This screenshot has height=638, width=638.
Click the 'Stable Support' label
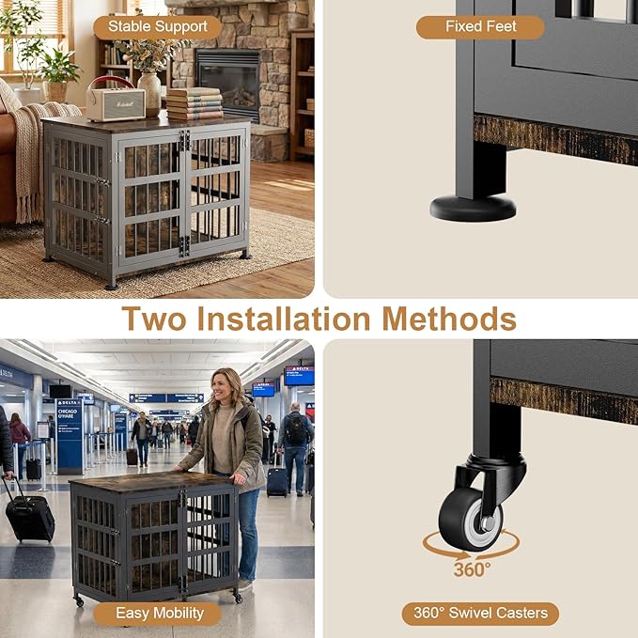pos(157,26)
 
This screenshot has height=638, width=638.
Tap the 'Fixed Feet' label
pos(479,26)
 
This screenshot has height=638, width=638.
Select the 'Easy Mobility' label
pos(159,614)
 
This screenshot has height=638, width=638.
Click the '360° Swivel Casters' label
pos(479,614)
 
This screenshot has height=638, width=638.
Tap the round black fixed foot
pos(473,206)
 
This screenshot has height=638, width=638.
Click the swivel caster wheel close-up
pos(470,519)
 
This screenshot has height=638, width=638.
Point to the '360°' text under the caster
pos(471,568)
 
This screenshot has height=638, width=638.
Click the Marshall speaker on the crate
pos(115,101)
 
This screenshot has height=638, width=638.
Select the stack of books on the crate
pos(194,104)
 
